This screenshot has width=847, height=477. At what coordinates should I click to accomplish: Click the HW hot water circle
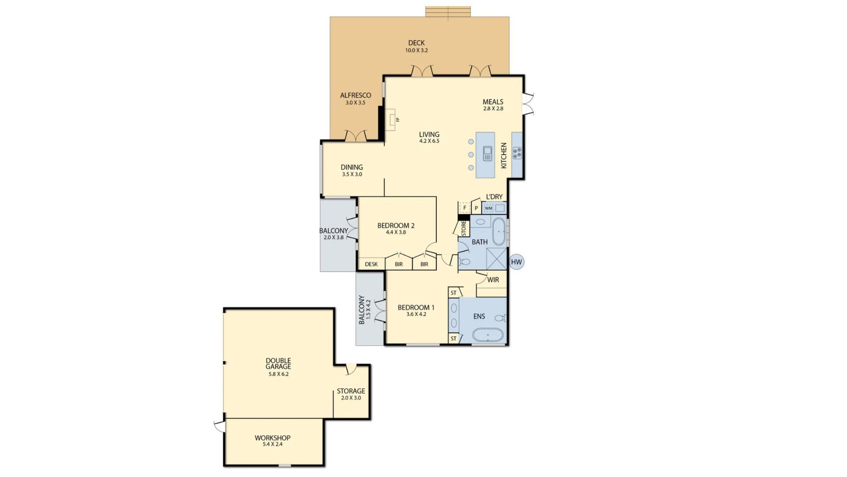pos(516,262)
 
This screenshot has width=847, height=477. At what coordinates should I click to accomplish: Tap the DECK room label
pos(416,43)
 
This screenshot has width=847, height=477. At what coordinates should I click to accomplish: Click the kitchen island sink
pos(487,154)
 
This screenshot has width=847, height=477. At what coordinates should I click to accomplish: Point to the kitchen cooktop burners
pos(517,153)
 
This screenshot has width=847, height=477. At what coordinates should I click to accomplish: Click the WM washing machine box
pos(489,208)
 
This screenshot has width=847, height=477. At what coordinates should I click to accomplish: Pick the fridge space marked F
pos(465,208)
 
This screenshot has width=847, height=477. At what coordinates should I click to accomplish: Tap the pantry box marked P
pos(476,208)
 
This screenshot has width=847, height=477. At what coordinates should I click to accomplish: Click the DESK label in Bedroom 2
pos(371,265)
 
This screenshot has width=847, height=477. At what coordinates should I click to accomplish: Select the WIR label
pos(493,280)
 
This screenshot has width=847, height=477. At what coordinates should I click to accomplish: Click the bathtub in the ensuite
pos(488,335)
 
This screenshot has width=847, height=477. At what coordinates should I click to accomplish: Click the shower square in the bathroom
pos(497,259)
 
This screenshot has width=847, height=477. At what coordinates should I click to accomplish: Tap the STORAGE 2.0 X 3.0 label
pos(351,394)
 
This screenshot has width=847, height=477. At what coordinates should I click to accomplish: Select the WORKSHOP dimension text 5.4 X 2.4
pos(273,444)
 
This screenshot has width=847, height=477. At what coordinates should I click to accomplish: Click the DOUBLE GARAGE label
pos(278,363)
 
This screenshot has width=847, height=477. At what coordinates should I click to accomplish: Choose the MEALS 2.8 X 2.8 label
pos(493,105)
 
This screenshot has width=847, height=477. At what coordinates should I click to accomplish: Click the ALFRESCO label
pos(356,95)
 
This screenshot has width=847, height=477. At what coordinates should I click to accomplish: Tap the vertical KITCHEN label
pos(504,155)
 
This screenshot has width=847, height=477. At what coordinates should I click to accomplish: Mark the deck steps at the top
pos(448,12)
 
